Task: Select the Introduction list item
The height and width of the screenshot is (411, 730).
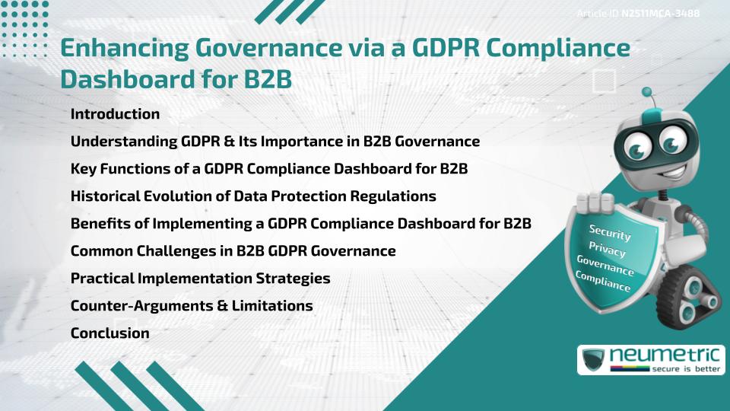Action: pos(115,114)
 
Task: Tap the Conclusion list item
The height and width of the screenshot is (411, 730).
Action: pos(109,333)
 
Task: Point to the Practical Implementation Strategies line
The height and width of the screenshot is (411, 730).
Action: pos(200,278)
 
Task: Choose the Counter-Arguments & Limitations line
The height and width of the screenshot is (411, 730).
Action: pos(192,305)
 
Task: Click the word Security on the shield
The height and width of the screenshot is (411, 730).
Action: pos(610,232)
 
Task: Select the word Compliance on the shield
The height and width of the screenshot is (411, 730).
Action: pos(603,282)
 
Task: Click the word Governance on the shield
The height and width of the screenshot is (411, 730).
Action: pos(605,265)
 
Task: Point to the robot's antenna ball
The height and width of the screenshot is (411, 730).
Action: pos(649,93)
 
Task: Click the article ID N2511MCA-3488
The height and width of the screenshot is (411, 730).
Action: pos(660,14)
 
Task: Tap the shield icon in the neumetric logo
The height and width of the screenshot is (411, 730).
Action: pos(594,359)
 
